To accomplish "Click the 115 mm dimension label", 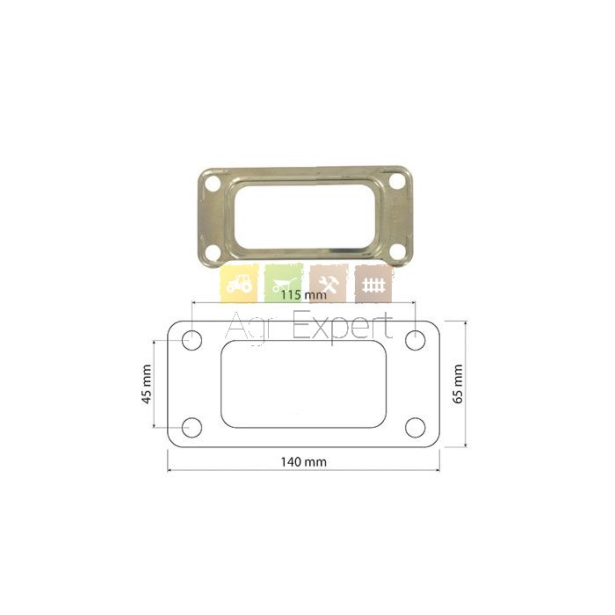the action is point(304,294).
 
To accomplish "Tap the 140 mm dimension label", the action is point(304,461).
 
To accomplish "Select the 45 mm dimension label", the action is point(147,384).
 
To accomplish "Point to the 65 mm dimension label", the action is point(458,383).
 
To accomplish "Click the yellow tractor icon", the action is point(239,283).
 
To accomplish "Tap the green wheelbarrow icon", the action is point(284,283).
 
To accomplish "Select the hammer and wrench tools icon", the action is point(329,283).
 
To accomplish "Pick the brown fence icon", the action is point(373,283).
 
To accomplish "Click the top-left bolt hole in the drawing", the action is point(192,340).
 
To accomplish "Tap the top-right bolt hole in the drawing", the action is point(416,340).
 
